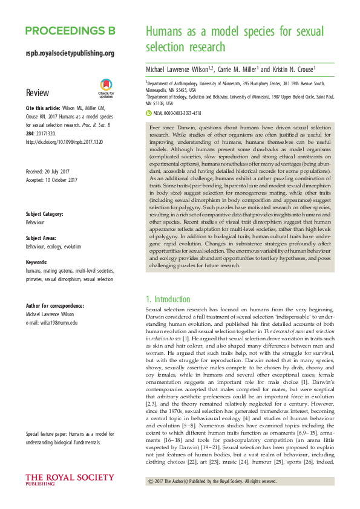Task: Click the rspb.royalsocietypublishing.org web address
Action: click(70, 53)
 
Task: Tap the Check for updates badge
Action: click(106, 88)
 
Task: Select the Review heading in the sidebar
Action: click(38, 93)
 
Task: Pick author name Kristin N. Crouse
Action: click(293, 70)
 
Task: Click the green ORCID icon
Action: click(149, 112)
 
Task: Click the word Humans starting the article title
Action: click(166, 32)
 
